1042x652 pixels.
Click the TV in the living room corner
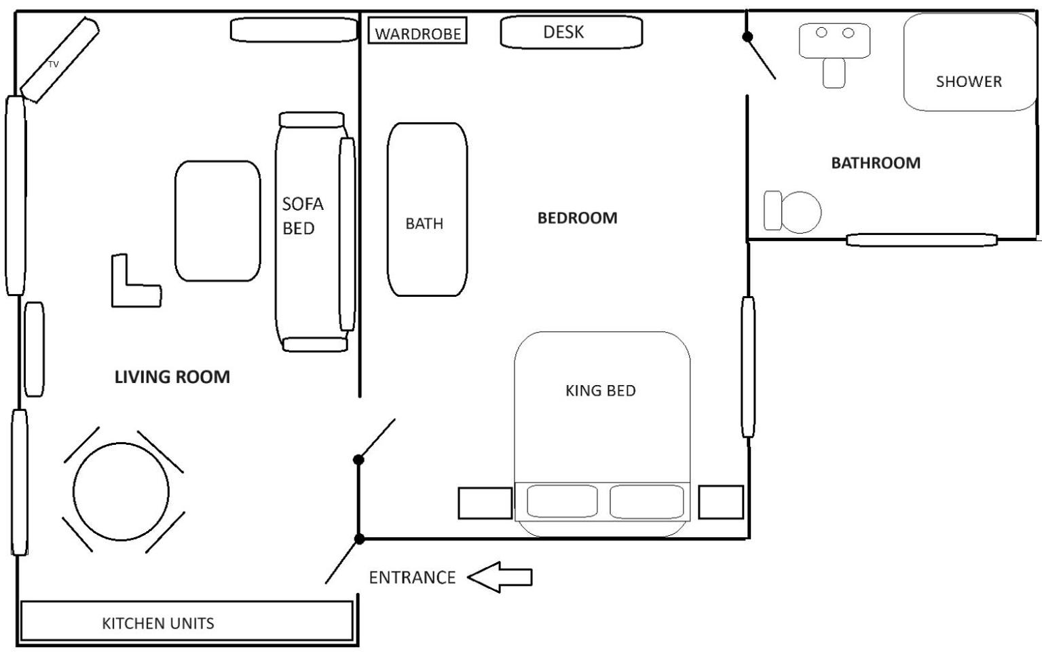tap(59, 60)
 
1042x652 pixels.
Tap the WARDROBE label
tap(417, 34)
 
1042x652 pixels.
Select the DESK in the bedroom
tap(572, 32)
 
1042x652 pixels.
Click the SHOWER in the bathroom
tap(970, 62)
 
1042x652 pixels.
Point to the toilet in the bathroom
tap(792, 211)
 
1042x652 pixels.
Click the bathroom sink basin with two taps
tap(834, 41)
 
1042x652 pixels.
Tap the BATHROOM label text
tap(876, 163)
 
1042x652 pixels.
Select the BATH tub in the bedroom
tap(427, 209)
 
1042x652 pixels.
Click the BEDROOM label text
tap(577, 218)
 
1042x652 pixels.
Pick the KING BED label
tap(601, 391)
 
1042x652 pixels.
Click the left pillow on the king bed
tap(562, 501)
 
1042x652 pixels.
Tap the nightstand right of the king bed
tap(720, 502)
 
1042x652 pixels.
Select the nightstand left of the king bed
tap(485, 503)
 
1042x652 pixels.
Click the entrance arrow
tap(500, 577)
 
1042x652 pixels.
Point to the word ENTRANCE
tap(412, 577)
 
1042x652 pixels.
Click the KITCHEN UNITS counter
tap(187, 621)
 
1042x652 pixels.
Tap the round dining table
tap(121, 492)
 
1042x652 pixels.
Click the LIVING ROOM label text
tap(172, 377)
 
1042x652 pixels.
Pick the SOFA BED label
tap(302, 216)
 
